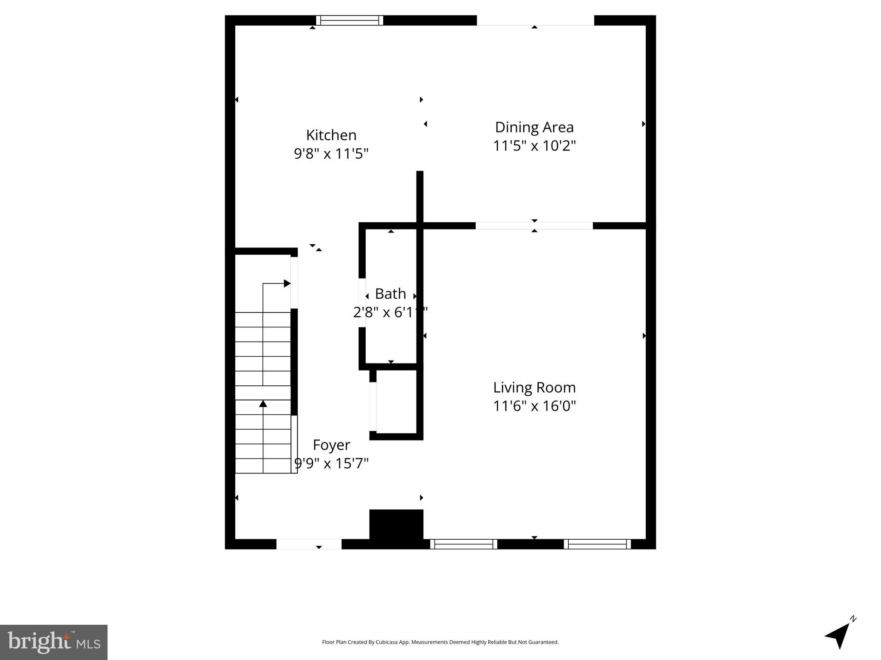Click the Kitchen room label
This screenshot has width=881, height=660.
331,135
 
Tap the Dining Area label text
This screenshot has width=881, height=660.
534,127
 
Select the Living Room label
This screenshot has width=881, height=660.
534,388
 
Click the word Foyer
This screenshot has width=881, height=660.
331,445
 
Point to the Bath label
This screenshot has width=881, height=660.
390,294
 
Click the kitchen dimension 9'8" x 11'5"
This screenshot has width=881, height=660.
331,153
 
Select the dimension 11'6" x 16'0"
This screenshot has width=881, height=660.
534,406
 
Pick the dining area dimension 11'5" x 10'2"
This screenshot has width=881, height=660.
534,146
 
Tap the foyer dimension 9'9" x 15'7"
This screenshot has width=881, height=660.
331,463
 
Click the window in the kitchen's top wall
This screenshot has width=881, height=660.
350,20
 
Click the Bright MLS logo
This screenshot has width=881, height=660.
54,642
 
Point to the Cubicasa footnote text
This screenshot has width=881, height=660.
440,642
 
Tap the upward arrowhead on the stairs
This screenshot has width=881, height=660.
263,403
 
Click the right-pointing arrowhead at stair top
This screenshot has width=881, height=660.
287,283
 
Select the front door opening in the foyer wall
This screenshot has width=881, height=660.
309,544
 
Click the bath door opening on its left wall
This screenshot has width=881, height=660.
362,302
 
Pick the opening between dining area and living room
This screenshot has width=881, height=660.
534,226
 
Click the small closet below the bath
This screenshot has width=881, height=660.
396,402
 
